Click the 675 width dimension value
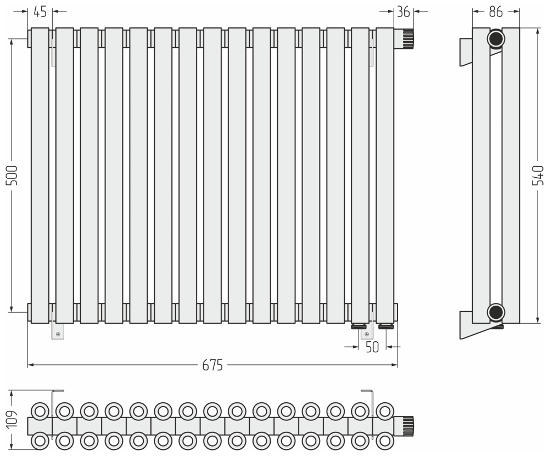coord(212,365)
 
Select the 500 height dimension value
coord(12,176)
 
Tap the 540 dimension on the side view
coord(537,176)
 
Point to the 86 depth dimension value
coord(496,12)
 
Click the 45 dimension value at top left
coord(40,12)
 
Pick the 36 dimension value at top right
coord(404,12)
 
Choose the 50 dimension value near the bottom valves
coord(372,347)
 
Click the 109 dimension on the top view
coord(12,418)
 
